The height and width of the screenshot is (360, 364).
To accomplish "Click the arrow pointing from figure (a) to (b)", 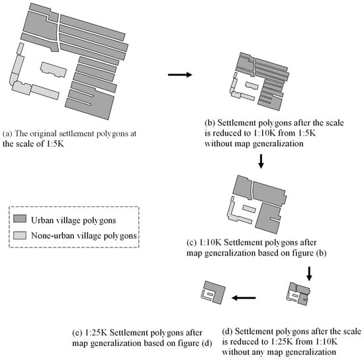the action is click(180, 75).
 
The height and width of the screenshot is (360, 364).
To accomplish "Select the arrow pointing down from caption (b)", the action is click(261, 161).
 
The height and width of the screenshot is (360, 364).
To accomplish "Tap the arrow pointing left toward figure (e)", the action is click(244, 298).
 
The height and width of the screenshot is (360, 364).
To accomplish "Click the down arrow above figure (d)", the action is click(309, 274).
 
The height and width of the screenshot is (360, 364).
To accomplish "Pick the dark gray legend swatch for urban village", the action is click(20, 218).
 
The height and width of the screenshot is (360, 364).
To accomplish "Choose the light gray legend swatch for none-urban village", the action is click(20, 236).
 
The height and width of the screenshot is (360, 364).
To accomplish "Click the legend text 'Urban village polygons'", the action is click(73, 220).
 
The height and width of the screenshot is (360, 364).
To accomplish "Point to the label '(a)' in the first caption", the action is click(8, 134).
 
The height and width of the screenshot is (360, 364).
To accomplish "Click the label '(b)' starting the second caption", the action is click(210, 122).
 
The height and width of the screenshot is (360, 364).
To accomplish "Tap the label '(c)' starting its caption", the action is click(192, 243).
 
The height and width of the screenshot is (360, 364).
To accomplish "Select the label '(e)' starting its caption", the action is click(77, 333).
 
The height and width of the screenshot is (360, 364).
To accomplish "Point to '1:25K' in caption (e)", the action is click(96, 333).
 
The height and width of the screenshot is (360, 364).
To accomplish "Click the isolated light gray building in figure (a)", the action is click(54, 69).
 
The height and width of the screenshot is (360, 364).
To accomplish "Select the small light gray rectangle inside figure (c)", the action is click(249, 208).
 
